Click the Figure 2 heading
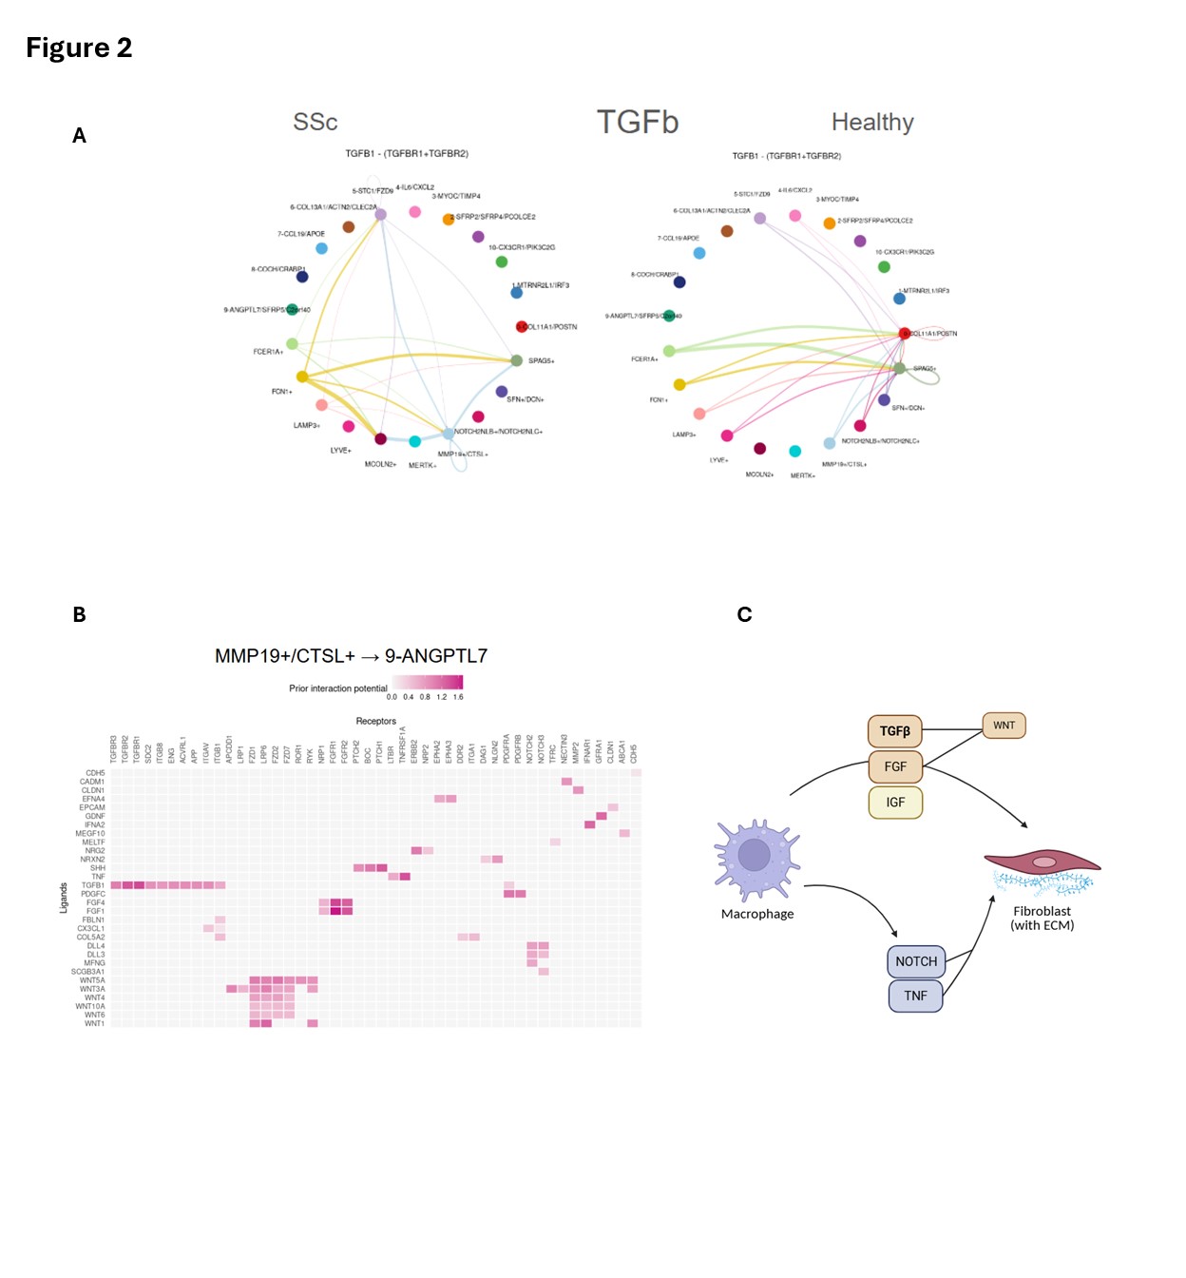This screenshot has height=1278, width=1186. point(79,48)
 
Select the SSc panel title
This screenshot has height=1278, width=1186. point(315,122)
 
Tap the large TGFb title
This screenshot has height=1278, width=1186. point(637,122)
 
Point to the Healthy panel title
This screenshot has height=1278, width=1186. point(871,122)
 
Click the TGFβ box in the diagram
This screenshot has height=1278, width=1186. point(894,730)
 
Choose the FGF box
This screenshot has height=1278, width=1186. point(894,766)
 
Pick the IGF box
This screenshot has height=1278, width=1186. point(894,802)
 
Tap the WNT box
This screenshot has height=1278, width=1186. point(1004,726)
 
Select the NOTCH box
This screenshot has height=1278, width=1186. point(915,961)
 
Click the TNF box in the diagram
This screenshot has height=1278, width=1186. point(915,996)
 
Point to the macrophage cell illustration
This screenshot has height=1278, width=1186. point(756,859)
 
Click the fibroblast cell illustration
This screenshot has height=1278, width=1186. point(1043,870)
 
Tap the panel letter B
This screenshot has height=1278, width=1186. point(79,615)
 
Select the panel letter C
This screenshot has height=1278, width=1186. point(744,615)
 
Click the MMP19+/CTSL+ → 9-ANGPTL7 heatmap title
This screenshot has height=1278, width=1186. point(351,656)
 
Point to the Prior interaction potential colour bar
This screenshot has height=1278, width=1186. point(428,682)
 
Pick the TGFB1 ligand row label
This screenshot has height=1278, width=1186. point(93,885)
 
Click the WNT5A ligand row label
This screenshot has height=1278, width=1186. point(92,980)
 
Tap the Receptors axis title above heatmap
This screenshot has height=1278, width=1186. point(375,721)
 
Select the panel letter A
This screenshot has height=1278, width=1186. point(79,136)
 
